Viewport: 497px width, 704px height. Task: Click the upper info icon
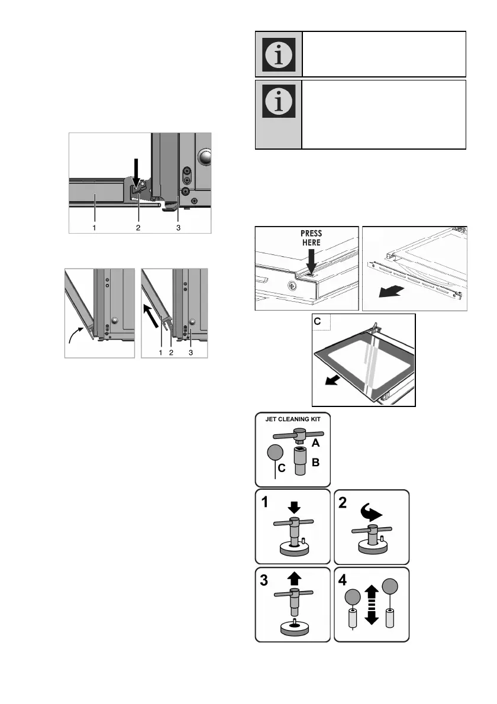click(278, 54)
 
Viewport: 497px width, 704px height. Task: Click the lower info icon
click(278, 103)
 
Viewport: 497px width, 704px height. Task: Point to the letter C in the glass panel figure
click(318, 321)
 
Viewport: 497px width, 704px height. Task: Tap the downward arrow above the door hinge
click(135, 174)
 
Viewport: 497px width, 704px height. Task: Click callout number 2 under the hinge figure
click(138, 227)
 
